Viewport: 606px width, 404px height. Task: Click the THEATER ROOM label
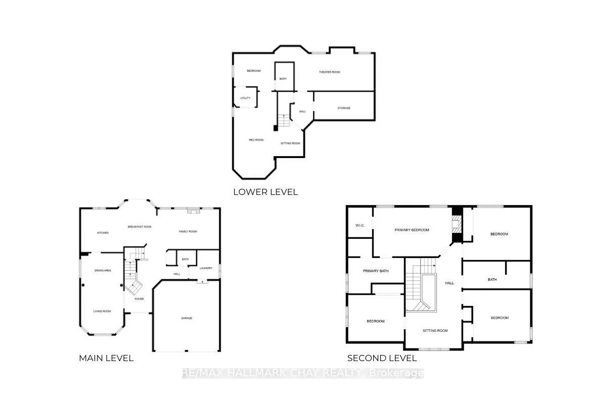(x=329, y=72)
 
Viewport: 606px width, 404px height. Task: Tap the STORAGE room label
(x=344, y=108)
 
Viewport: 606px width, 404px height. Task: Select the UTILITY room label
(x=245, y=98)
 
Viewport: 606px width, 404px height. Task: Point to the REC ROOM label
(x=256, y=140)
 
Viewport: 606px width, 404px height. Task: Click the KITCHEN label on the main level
(x=103, y=233)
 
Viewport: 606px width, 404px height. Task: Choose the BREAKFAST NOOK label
(x=139, y=227)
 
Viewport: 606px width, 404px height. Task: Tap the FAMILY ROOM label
(x=188, y=231)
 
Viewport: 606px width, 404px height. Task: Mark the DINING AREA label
(x=103, y=271)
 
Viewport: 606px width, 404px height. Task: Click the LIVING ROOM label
(x=102, y=311)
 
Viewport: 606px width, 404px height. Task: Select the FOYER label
(x=139, y=299)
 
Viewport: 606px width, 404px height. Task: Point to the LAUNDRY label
(x=206, y=268)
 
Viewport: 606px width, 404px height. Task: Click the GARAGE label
(x=187, y=318)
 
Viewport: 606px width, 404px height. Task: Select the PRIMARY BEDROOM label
(x=412, y=230)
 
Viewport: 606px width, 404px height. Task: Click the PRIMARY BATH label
(x=376, y=271)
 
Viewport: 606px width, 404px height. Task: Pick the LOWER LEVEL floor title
(x=266, y=192)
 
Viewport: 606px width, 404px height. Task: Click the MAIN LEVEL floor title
(x=106, y=358)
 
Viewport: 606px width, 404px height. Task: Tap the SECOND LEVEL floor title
(x=382, y=358)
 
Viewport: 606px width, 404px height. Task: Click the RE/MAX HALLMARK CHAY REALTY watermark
(x=303, y=373)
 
